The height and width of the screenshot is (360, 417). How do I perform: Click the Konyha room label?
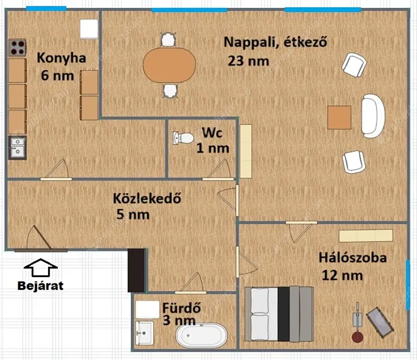(62, 58)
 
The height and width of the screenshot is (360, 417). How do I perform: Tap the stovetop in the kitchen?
(18, 47)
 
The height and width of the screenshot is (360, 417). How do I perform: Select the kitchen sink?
(18, 148)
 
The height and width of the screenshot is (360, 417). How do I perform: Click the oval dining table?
(169, 65)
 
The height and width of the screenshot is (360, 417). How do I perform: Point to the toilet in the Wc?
(183, 138)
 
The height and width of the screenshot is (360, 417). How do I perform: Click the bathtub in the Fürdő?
(201, 335)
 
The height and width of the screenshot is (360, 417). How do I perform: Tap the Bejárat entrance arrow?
(41, 268)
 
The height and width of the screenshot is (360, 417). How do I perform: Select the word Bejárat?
(41, 286)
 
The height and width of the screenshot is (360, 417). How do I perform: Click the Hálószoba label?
(353, 258)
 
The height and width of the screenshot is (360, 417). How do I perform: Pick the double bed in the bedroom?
(279, 314)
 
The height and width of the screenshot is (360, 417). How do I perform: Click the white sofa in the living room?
(373, 116)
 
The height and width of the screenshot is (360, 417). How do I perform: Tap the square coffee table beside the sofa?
(339, 117)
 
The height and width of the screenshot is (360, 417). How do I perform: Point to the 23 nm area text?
(249, 61)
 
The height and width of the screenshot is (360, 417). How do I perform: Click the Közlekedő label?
(147, 198)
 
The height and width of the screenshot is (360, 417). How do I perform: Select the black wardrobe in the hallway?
(137, 271)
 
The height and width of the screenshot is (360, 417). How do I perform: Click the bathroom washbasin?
(144, 333)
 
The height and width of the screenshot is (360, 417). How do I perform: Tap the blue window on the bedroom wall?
(408, 285)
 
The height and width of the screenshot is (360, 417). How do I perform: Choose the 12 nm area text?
(342, 275)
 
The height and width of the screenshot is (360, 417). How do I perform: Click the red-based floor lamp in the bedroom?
(358, 322)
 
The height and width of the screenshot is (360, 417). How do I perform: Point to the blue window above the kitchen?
(46, 8)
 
